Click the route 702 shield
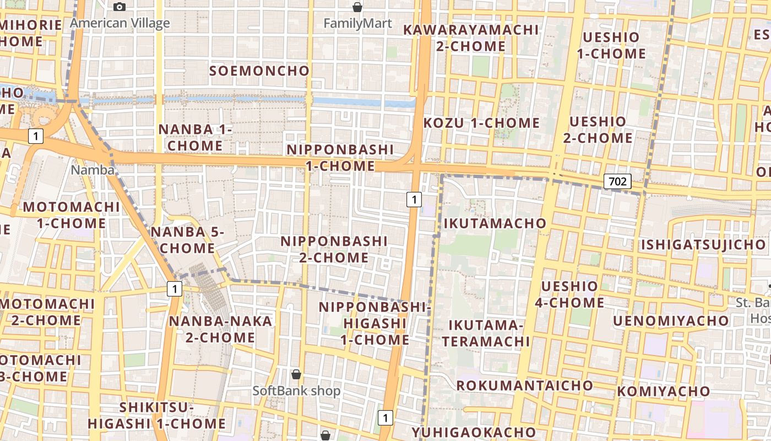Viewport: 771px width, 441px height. pos(617,181)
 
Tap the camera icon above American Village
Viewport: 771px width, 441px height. pos(120,7)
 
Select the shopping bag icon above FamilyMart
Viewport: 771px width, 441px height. pos(357,7)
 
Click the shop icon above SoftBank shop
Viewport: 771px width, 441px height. pos(296,375)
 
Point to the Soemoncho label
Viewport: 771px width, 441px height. pos(259,71)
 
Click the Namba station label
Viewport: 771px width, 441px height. pos(92,170)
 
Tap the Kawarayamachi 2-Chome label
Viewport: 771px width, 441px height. pos(470,38)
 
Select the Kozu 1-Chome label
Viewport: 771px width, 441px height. pos(481,123)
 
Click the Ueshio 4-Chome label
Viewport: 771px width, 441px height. pos(569,294)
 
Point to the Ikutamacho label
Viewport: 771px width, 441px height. pos(495,223)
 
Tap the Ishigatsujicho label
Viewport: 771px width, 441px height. pos(703,244)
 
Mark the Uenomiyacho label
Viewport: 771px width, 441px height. pos(670,321)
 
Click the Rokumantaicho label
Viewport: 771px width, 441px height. pos(524,385)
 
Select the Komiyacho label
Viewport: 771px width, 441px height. pos(663,391)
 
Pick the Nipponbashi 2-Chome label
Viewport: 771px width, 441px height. pos(334,249)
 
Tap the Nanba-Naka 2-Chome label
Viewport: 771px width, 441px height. pos(220,329)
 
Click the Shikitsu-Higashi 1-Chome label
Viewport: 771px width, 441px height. pos(157,416)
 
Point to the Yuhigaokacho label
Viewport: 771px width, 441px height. pos(473,432)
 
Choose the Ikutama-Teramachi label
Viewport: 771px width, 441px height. pos(485,333)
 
